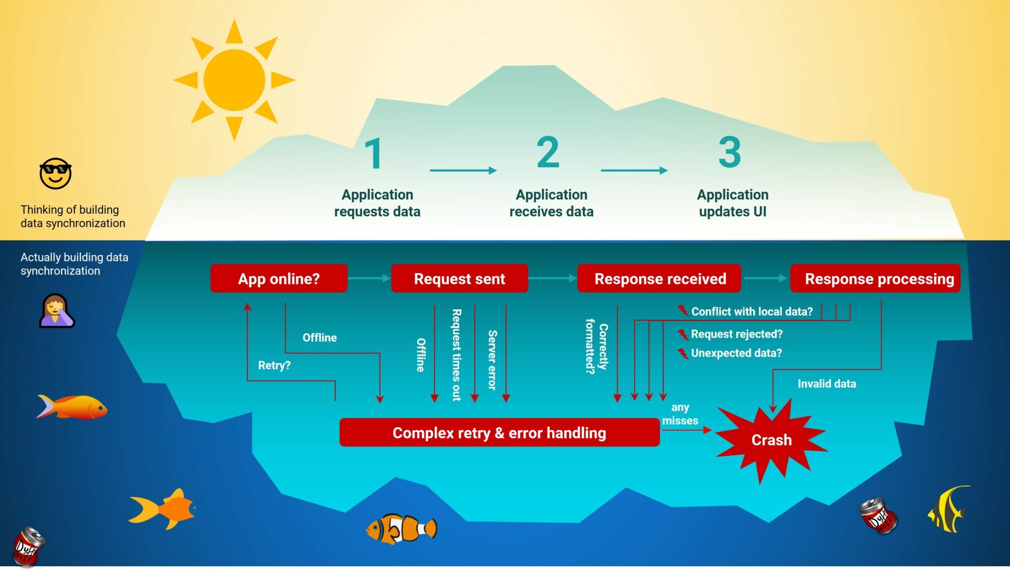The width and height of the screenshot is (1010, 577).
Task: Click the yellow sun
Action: (234, 80)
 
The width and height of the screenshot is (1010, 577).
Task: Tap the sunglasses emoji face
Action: (55, 174)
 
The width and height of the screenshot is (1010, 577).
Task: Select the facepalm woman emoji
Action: (56, 311)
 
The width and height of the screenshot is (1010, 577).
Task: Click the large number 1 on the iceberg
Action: (374, 154)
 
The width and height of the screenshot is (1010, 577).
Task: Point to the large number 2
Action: (548, 153)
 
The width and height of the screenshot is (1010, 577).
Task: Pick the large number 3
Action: (729, 153)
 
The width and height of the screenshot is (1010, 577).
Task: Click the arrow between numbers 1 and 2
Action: (463, 171)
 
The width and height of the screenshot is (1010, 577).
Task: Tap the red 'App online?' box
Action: (279, 279)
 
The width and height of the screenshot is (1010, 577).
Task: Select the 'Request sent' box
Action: (459, 279)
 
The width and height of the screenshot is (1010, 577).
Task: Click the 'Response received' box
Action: (659, 279)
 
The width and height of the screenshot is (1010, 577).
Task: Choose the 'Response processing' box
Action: (875, 279)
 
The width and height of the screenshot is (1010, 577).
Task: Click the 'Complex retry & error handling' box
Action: (499, 433)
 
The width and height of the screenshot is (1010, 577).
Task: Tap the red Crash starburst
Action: (771, 440)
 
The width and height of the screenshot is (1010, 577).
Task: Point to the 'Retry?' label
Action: (274, 365)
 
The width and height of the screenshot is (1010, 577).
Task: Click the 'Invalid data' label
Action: (827, 384)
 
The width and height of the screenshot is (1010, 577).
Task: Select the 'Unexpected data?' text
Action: (736, 353)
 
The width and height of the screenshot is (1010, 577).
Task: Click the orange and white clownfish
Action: (401, 529)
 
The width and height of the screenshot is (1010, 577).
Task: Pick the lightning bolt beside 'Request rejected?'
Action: (683, 335)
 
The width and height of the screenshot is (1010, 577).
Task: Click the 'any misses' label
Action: (680, 414)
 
